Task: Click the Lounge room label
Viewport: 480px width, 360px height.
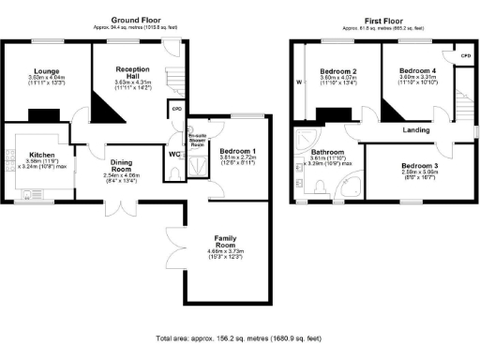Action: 40,71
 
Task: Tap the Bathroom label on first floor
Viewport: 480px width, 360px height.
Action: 329,152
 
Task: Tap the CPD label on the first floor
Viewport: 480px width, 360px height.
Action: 463,57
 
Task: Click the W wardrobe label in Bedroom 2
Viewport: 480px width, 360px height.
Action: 298,82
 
